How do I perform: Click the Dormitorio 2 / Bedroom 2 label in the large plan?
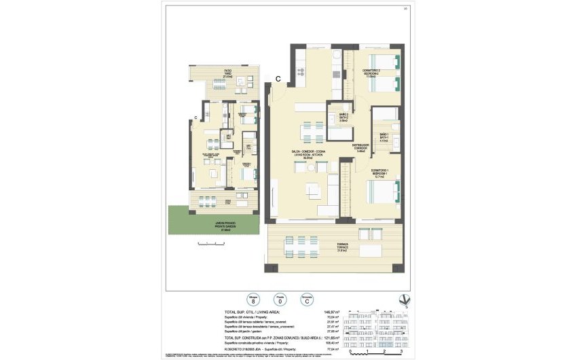point(370,73)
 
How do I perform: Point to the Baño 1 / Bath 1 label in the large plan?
point(384,138)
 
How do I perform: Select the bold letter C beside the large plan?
point(278,79)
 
